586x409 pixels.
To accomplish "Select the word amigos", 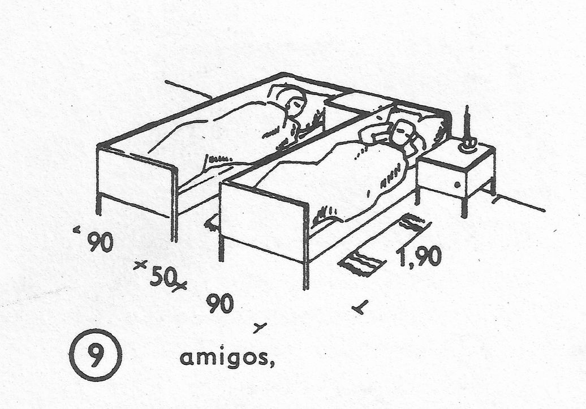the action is [x=226, y=358].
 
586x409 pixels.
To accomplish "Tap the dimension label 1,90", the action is [x=419, y=257].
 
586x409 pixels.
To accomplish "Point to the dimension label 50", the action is [x=163, y=277].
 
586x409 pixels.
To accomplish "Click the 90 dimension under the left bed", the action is [x=100, y=242].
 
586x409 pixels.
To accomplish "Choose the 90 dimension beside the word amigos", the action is [x=219, y=304].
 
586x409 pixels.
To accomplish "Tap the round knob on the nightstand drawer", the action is [x=456, y=184].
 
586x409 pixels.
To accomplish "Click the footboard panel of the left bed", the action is [x=135, y=182].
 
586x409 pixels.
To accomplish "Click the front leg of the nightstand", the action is [x=464, y=206].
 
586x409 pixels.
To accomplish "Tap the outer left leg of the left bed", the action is [x=99, y=204].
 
